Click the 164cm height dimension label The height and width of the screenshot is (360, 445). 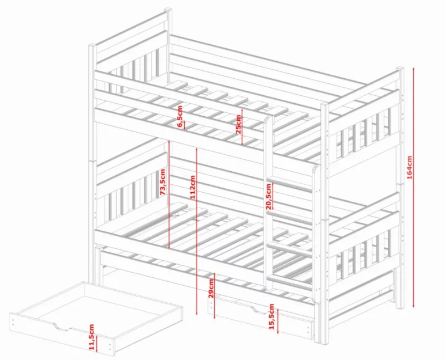(x=409, y=167)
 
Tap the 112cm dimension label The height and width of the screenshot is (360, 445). (x=193, y=187)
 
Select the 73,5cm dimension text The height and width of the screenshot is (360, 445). (x=162, y=182)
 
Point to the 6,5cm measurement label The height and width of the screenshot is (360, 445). (x=180, y=116)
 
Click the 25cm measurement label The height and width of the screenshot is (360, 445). (x=239, y=124)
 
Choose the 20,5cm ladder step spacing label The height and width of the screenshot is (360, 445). (x=269, y=197)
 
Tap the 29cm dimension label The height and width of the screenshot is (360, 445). (x=211, y=288)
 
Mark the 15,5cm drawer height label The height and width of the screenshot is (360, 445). (x=272, y=316)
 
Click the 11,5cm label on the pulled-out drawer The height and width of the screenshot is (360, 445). (x=91, y=337)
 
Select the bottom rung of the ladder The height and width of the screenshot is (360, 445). (x=290, y=281)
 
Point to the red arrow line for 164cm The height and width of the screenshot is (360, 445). (x=414, y=188)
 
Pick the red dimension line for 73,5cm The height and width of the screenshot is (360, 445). (x=169, y=194)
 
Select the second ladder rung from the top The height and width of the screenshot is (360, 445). (x=290, y=216)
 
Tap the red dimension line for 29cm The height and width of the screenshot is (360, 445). (x=214, y=296)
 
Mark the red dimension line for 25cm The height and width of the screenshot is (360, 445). (x=242, y=127)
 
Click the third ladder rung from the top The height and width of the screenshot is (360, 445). (x=290, y=249)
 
